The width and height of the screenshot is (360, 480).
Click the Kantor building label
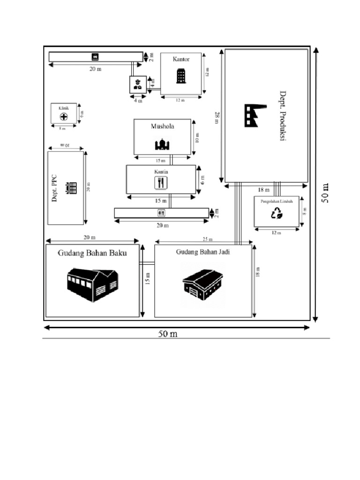[x=181, y=59]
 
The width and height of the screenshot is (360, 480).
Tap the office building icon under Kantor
[x=181, y=76]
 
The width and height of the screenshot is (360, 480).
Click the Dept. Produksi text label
[x=283, y=116]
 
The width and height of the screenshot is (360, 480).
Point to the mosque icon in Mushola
[x=162, y=144]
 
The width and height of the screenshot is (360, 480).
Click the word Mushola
[x=162, y=126]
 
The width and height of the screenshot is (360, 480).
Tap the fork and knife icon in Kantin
[x=161, y=182]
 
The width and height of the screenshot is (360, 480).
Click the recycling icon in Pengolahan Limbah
[x=277, y=214]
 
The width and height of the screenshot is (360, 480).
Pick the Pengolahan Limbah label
[x=277, y=201]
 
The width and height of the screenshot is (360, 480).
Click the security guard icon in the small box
[x=137, y=85]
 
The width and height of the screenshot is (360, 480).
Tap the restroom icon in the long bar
[x=161, y=213]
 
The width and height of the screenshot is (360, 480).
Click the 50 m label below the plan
[x=167, y=334]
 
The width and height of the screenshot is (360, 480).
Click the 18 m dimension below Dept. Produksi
[x=264, y=190]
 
